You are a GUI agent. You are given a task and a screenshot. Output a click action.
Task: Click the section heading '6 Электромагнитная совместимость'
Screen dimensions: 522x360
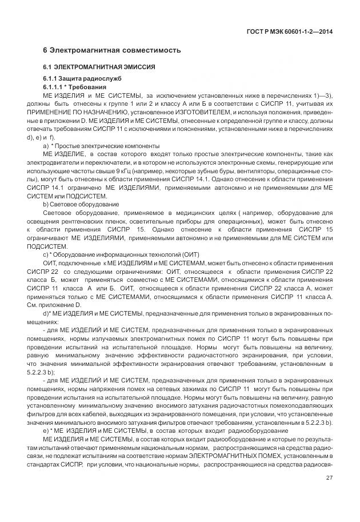pos(112,50)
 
